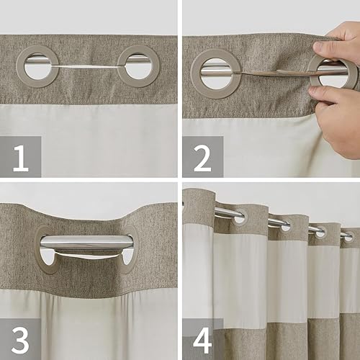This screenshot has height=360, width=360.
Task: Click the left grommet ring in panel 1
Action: pyautogui.click(x=37, y=66)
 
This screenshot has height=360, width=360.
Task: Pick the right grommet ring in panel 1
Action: pyautogui.click(x=139, y=66)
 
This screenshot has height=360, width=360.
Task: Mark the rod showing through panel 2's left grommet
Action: pyautogui.click(x=216, y=72)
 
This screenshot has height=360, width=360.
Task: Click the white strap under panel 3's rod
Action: pyautogui.click(x=86, y=256)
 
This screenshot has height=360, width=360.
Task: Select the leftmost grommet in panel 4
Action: pyautogui.click(x=237, y=214)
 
